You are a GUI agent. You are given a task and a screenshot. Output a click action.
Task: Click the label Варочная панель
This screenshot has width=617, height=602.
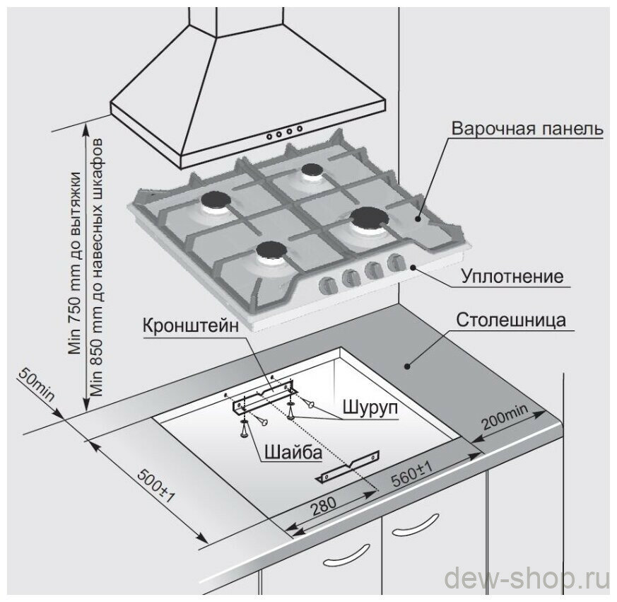point(527,130)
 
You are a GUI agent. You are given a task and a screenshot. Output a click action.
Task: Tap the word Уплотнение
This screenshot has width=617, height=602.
point(512,275)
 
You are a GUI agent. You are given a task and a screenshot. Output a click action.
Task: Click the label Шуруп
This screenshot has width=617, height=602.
point(366,408)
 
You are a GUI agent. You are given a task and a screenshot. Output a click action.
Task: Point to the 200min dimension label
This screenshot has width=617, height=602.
point(505,419)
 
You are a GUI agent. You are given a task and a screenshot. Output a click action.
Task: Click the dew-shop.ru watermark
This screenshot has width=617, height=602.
point(527,579)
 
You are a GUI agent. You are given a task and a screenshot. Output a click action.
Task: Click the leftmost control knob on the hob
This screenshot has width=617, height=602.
point(328,285)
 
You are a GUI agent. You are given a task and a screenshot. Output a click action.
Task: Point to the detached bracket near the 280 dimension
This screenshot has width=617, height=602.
point(351,468)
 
